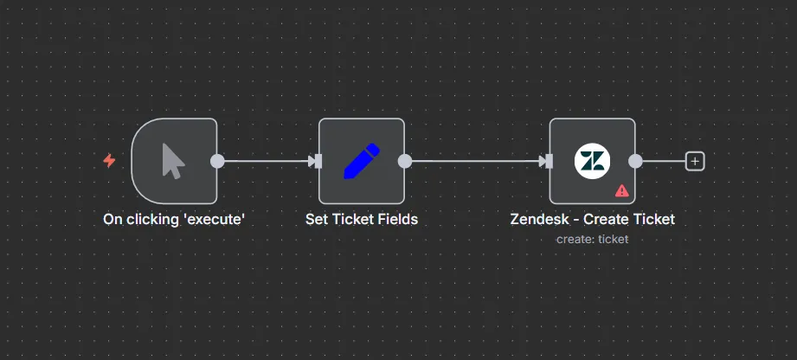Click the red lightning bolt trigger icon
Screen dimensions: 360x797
pos(109,161)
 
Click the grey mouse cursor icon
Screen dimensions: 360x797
pos(173,161)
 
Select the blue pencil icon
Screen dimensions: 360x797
pos(362,161)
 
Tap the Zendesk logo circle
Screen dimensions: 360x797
pos(592,161)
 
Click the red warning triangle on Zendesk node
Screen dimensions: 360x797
pos(621,190)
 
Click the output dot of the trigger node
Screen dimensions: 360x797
pos(217,161)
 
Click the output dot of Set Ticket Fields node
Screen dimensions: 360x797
pos(404,161)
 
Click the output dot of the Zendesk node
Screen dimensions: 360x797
pos(635,161)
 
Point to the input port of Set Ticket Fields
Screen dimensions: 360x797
pos(317,161)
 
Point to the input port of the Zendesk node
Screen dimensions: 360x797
pos(548,161)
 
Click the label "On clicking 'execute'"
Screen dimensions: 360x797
pos(174,220)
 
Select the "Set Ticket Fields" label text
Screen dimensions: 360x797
pos(362,220)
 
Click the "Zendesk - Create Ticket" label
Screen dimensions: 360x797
pos(592,220)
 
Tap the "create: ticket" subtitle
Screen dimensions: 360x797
pos(592,239)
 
